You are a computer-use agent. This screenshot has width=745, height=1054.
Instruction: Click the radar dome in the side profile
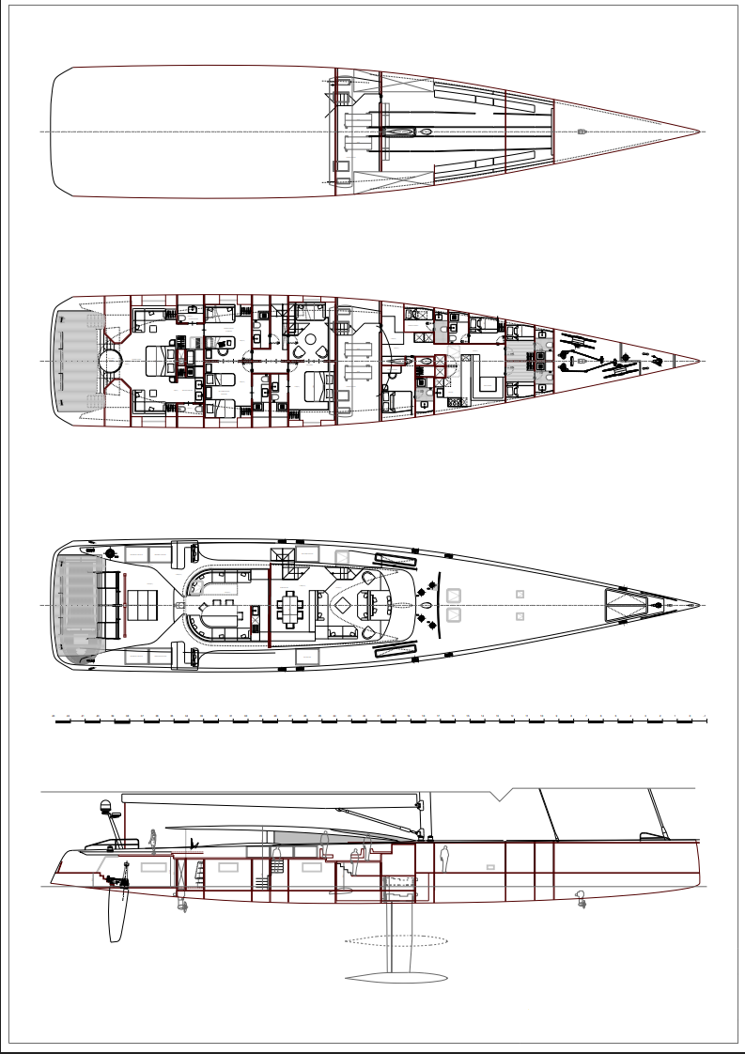pos(105,806)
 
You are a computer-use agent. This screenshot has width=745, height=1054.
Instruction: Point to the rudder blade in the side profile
pos(117,916)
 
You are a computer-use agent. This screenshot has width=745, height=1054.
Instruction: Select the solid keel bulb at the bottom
pos(396,977)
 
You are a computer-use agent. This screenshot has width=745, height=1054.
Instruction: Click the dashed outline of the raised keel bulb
pos(396,939)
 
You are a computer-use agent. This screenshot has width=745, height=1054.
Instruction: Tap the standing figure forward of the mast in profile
pos(444,858)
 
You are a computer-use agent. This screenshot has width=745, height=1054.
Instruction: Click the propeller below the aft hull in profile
pos(183,905)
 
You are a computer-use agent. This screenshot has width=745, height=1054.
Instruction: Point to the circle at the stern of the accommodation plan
pos(111,361)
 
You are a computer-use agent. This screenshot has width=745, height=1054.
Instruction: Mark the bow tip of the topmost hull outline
pos(700,132)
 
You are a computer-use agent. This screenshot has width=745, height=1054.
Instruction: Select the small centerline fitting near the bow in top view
pos(582,132)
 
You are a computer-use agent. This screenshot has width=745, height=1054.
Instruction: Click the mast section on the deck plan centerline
pos(427,606)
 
